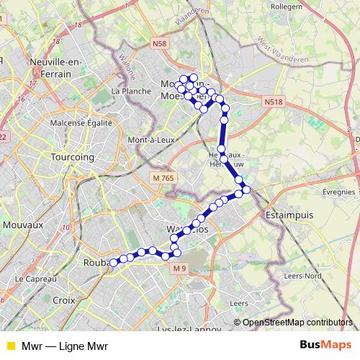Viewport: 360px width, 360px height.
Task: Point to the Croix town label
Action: pos(64,300)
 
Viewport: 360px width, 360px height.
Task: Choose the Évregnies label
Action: pos(338,192)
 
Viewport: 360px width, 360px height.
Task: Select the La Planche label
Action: pos(131,91)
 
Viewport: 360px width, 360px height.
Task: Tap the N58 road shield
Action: pos(161,44)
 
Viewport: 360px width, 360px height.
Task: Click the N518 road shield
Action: pos(273,102)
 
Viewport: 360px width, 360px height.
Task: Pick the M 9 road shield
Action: pos(179,269)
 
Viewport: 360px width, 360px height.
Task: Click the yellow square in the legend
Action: pos(9,346)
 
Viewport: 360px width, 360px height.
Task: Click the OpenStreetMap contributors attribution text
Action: pos(297,323)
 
